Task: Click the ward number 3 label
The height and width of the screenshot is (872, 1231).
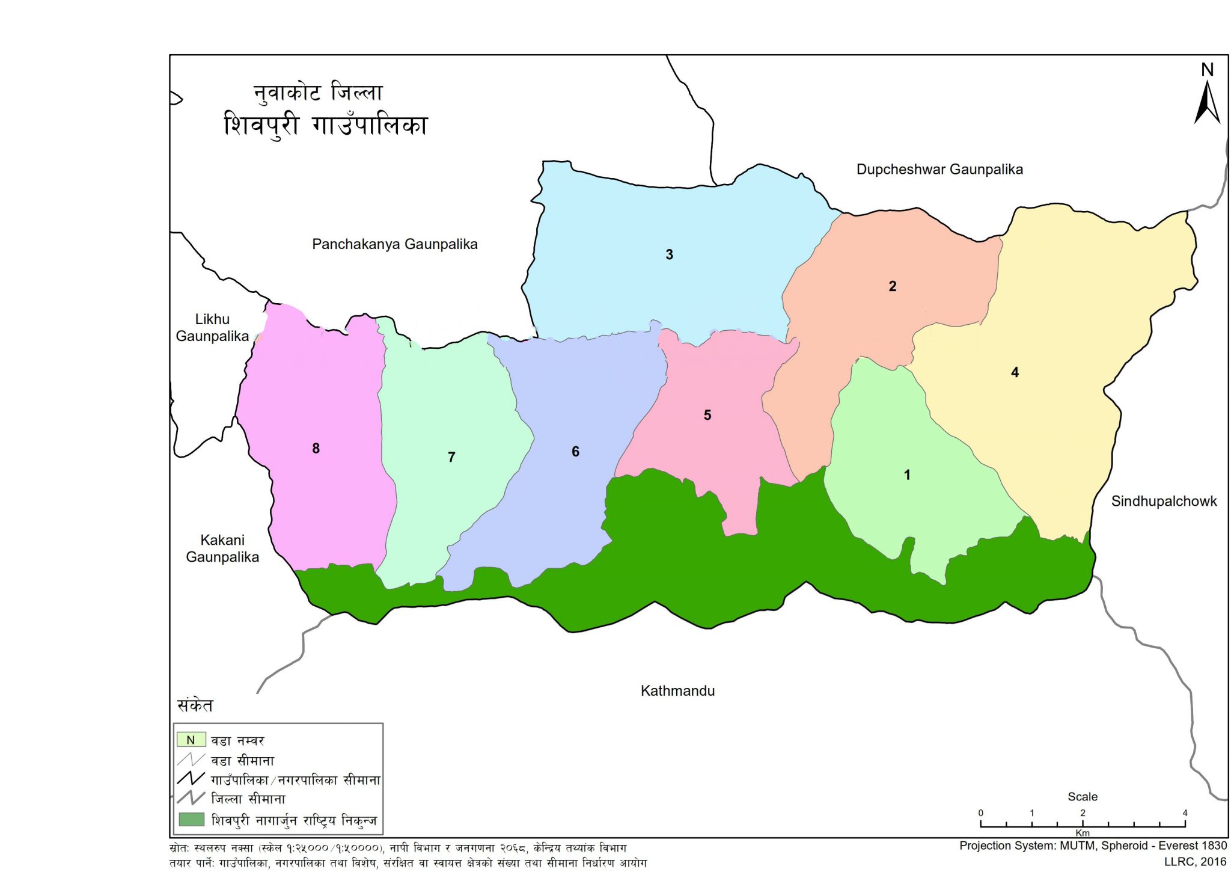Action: click(669, 254)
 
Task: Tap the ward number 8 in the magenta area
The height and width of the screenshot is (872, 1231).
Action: click(316, 448)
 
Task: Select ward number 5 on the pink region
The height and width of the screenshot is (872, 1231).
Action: click(707, 415)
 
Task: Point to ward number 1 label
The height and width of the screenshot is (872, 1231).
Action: click(906, 475)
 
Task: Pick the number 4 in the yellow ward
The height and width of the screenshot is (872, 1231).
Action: click(1015, 372)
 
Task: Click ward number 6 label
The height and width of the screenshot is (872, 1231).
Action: click(575, 452)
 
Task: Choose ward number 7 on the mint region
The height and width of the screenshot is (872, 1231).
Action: click(451, 458)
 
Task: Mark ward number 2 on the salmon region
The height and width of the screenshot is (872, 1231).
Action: click(892, 286)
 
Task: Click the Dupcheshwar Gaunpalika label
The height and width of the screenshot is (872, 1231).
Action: click(939, 170)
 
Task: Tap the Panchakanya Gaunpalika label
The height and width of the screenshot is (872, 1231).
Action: click(394, 244)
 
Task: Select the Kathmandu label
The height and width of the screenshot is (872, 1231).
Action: click(677, 691)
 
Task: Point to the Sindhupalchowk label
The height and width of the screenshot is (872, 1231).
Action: click(1163, 502)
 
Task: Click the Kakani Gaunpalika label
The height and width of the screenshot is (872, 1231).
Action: click(222, 548)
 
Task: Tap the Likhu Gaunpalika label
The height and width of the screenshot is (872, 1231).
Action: click(212, 328)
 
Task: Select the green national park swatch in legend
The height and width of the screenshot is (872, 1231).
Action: click(192, 820)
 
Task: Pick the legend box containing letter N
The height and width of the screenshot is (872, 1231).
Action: click(191, 740)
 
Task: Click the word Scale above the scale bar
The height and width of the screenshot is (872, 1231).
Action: click(1082, 797)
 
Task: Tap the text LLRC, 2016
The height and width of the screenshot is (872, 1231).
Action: click(1195, 862)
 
